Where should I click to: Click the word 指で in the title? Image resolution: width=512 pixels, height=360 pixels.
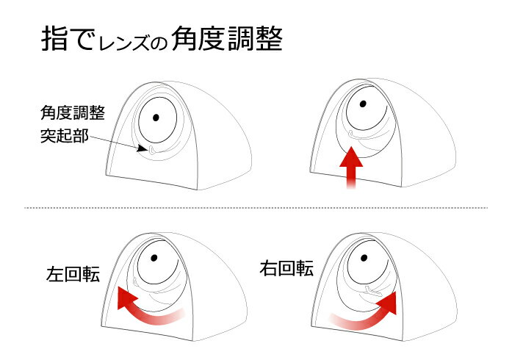coord(68,39)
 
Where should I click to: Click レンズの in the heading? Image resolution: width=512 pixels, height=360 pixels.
coord(133,42)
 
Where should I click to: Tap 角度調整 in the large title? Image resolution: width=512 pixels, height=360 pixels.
coord(227,39)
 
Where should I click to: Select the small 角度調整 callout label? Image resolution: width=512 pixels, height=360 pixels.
coord(73,113)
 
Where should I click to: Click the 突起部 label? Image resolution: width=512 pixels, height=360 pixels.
coord(65,135)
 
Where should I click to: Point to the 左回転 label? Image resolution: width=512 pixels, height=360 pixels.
coord(73,274)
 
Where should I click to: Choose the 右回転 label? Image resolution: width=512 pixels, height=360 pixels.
coord(286,268)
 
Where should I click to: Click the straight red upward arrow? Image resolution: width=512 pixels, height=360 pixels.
coord(351,168)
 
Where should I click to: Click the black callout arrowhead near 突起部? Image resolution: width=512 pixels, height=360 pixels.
coord(143,148)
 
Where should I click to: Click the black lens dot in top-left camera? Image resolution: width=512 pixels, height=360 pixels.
coord(156,118)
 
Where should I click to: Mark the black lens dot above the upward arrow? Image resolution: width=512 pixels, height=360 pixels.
coord(362,104)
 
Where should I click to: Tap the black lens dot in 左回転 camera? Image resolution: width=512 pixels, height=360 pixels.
coord(154,258)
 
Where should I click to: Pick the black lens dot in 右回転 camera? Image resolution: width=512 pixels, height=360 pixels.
coord(364,258)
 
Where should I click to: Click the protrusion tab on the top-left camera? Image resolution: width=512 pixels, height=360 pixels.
coord(152,151)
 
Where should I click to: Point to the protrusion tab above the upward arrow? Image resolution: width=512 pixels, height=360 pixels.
coord(352,134)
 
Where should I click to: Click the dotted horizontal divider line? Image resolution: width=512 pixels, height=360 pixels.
coord(256,208)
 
